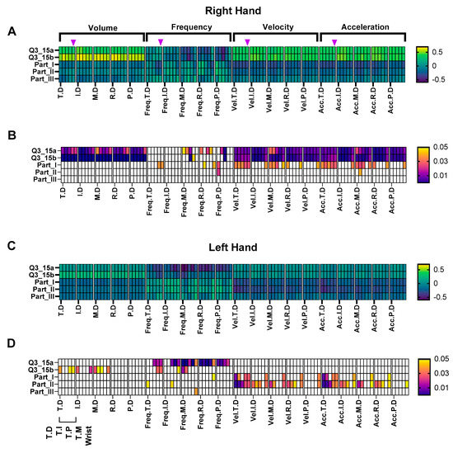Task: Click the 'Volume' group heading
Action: coord(103,26)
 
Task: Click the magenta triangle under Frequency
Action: coord(161,42)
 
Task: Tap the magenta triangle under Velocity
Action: coord(247,42)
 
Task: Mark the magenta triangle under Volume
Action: coord(73,42)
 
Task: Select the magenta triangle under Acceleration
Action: coord(334,42)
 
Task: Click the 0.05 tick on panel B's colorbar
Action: coord(437,131)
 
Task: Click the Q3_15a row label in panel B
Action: coord(40,151)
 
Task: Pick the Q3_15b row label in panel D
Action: coord(40,370)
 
